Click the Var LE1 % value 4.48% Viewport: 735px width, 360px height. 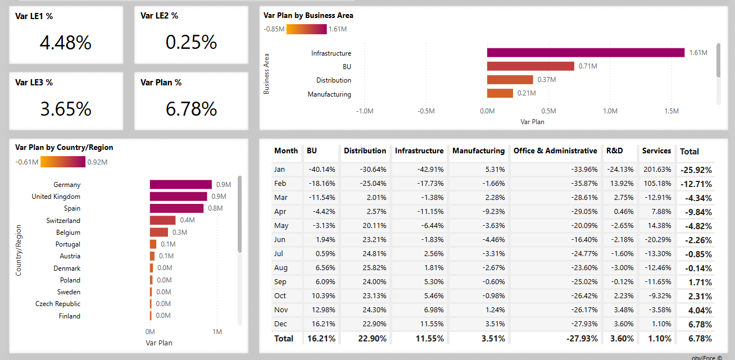coord(66,43)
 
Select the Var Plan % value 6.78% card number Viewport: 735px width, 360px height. coord(191,109)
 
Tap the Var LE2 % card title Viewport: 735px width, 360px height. coord(159,16)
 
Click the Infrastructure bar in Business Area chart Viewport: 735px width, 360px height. coord(586,53)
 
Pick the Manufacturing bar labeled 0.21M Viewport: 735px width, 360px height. coord(500,94)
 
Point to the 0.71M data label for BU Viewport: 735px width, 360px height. coord(587,66)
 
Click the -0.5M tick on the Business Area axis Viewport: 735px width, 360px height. coord(426,111)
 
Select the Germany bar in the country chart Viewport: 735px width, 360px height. coord(180,185)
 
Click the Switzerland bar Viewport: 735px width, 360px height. coord(162,221)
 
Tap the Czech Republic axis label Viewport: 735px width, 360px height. coord(58,304)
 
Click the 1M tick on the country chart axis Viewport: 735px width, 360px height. coord(217,332)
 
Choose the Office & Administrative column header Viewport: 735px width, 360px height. coord(555,151)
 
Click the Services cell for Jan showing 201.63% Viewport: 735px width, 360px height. coord(657,170)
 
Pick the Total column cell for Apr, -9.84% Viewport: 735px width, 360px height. coord(696,212)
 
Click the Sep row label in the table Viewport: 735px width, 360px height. coord(280,282)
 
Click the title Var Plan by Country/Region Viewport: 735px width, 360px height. coord(64,147)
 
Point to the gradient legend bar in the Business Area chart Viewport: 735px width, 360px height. coord(306,29)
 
